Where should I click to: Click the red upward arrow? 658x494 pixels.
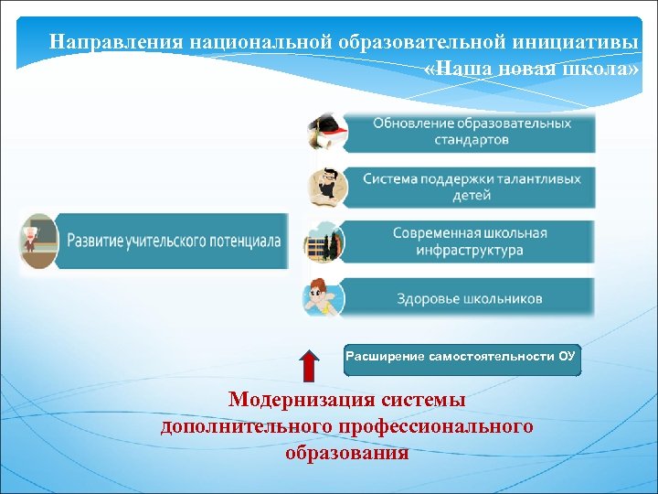click(309, 364)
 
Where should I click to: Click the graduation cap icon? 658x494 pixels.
click(326, 132)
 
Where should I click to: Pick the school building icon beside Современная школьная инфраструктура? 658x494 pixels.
click(324, 242)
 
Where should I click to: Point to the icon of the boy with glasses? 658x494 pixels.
click(326, 186)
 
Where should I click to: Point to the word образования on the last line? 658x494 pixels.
click(346, 453)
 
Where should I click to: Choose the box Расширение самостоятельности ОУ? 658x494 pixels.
click(461, 357)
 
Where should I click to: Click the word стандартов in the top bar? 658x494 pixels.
click(472, 141)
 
